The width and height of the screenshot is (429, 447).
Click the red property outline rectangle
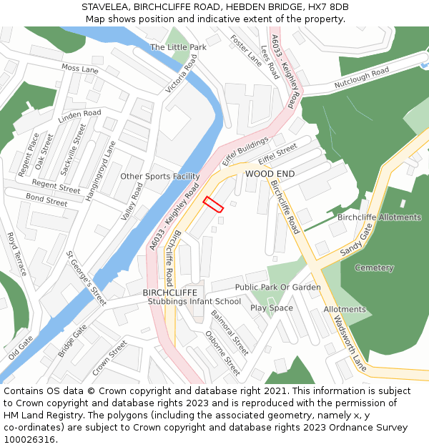tap(213, 204)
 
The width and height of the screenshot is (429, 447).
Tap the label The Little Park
tap(178, 47)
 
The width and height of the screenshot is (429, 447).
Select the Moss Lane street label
tap(80, 69)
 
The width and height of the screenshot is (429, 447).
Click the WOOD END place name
tap(270, 174)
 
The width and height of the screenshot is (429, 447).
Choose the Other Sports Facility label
tap(159, 177)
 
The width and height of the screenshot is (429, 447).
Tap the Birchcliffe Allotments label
tap(379, 217)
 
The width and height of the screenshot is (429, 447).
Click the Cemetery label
tap(374, 268)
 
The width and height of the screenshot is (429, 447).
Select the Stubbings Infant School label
tap(194, 302)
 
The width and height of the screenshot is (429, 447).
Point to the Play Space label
tap(271, 308)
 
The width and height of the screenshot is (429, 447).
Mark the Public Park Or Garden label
tap(278, 288)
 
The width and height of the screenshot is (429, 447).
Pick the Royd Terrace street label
tap(16, 254)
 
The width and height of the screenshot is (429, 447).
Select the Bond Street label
tap(46, 200)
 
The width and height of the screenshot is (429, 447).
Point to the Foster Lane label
tap(245, 50)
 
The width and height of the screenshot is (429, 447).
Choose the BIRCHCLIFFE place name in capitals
tap(169, 293)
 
